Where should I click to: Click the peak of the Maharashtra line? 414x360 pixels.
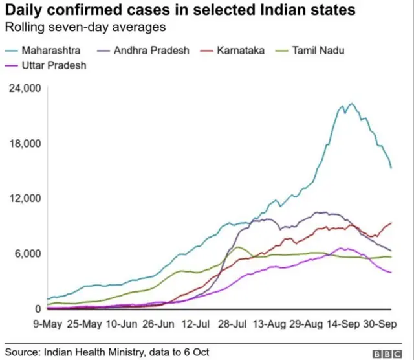tap(351, 104)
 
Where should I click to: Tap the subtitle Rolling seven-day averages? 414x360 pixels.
tap(85, 27)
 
